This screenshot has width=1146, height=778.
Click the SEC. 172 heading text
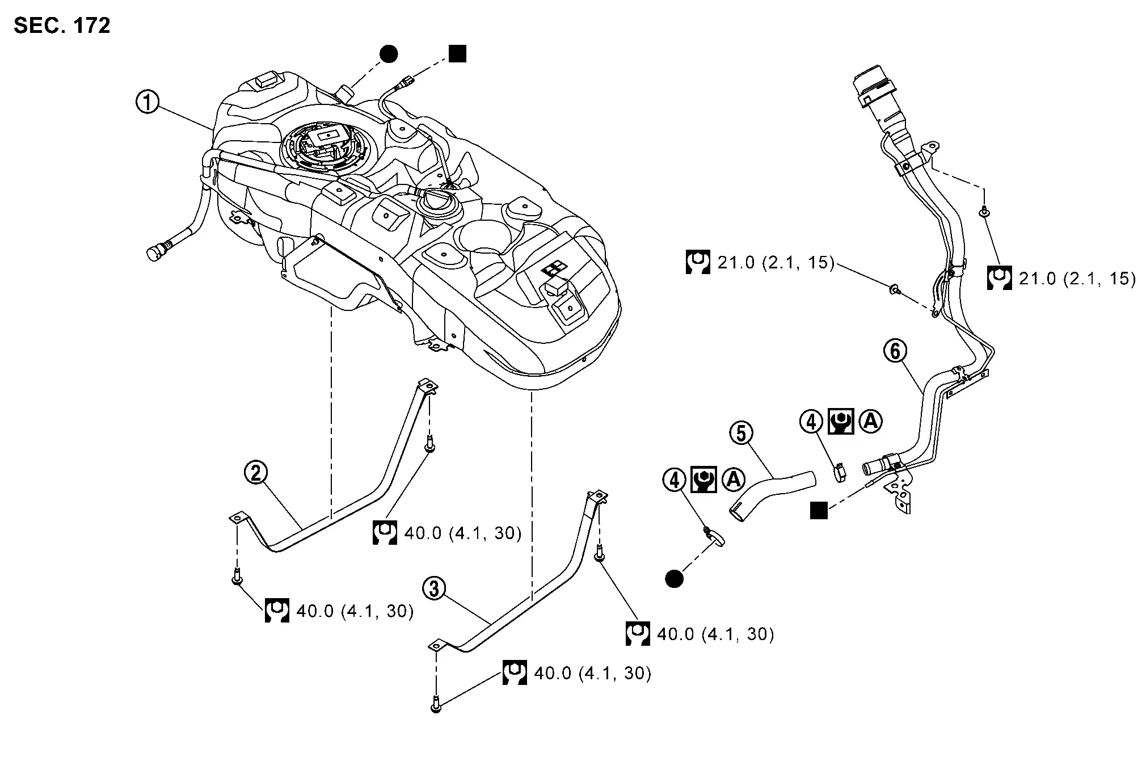coord(62,26)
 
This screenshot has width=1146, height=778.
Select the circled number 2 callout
coord(256,472)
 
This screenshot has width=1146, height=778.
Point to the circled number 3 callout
coord(434,588)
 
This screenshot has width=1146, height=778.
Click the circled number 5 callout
coord(741,433)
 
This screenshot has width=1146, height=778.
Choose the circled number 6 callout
coord(895,351)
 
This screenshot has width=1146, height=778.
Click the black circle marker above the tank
coord(388,54)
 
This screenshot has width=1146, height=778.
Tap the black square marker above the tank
coord(457,54)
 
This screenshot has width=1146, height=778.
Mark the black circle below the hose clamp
coord(675,578)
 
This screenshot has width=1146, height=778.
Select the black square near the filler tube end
coord(818,510)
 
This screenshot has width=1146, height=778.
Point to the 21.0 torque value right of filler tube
coord(1077,279)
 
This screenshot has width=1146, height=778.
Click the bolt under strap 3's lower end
coord(436,705)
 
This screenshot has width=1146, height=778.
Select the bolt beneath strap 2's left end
coord(237,577)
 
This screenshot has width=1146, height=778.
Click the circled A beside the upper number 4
coord(870,421)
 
